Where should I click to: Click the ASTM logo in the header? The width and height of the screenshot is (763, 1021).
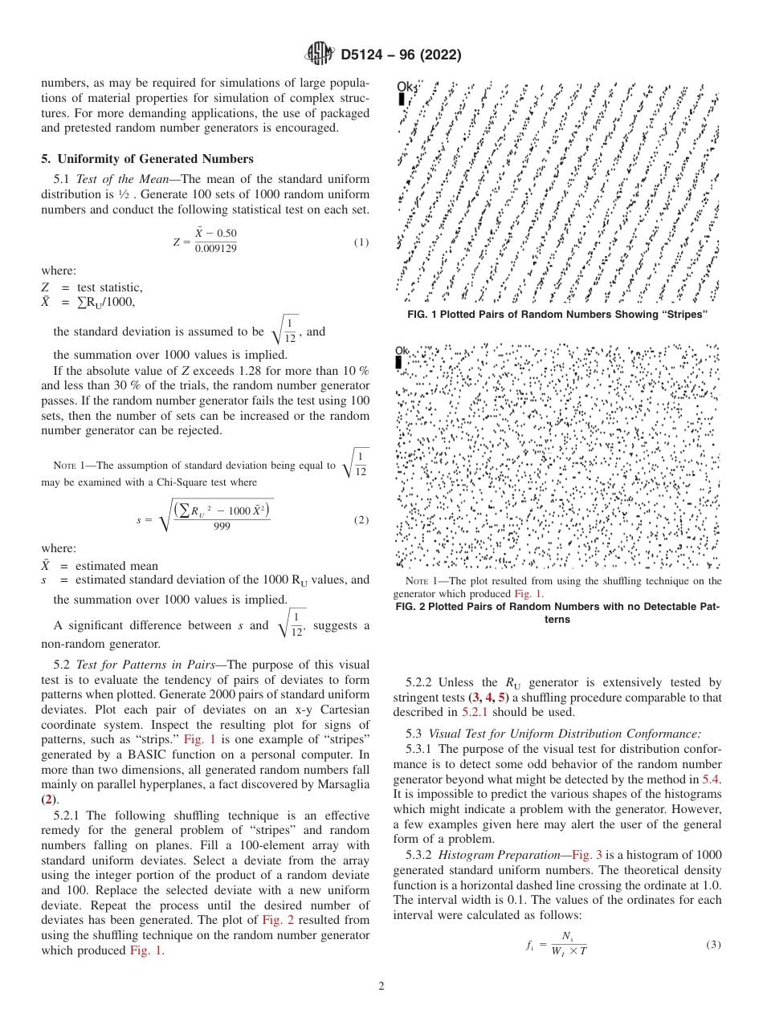pos(319,55)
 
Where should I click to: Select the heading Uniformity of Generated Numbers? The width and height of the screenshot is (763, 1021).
pos(153,158)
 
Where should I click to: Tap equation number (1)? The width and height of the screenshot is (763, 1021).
pos(361,242)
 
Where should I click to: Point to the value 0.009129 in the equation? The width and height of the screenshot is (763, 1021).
pos(215,249)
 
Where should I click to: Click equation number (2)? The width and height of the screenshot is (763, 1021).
pos(361,519)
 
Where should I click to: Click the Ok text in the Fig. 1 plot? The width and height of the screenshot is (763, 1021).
pos(407,87)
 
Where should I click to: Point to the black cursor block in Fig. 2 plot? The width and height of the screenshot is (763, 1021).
pos(399,363)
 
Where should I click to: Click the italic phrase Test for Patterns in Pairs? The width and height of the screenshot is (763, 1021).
pos(134,665)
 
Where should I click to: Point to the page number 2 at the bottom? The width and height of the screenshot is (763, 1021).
pos(381,986)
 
